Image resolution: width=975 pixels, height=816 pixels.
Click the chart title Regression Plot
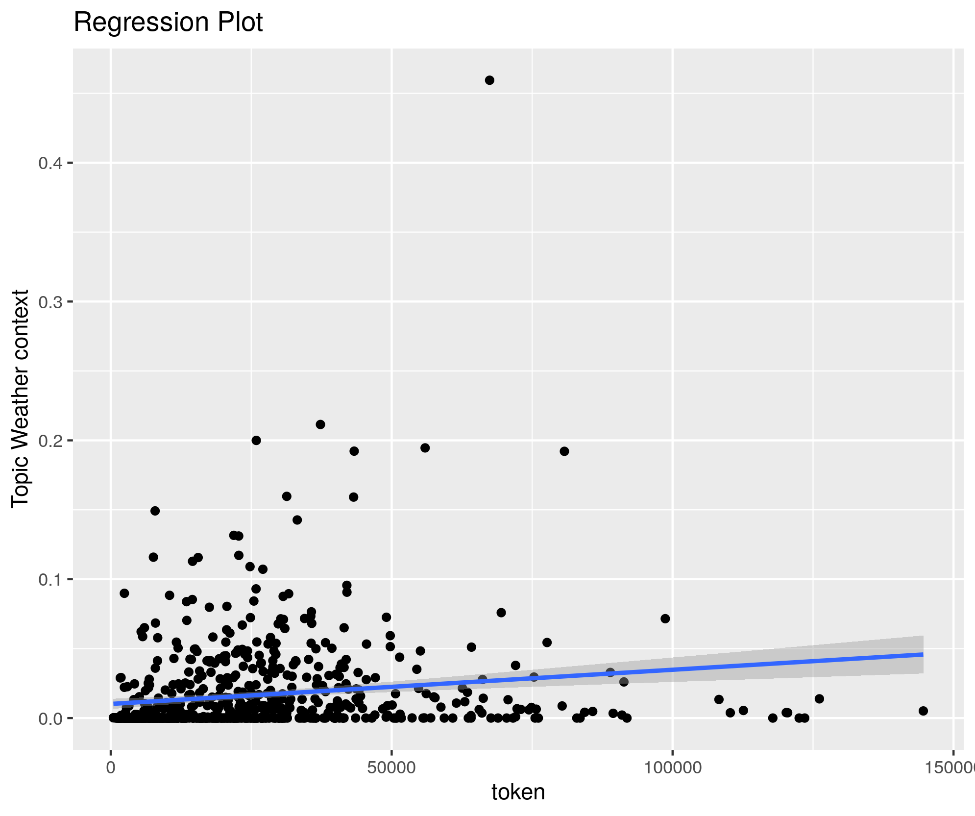tap(168, 23)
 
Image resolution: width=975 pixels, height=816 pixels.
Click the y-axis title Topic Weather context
tap(21, 398)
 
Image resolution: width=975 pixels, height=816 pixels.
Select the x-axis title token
tap(518, 792)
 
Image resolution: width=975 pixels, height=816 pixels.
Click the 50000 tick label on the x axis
tap(391, 767)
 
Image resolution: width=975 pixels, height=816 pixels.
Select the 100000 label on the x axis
tap(672, 767)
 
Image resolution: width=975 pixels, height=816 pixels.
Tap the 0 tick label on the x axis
tap(111, 767)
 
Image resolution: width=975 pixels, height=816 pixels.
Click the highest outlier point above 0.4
tap(489, 80)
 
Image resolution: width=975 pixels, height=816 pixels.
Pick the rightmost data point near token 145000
tap(923, 711)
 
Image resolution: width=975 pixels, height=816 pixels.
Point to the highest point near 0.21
tap(320, 424)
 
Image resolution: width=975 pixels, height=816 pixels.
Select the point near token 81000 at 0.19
tap(564, 451)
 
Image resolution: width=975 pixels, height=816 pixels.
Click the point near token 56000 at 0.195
tap(425, 448)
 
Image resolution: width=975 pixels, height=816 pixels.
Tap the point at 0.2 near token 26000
tap(256, 441)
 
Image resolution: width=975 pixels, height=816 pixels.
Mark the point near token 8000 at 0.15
tap(155, 511)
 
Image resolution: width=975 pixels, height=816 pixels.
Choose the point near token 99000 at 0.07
tap(665, 618)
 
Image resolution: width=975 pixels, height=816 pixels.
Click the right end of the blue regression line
tap(922, 654)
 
